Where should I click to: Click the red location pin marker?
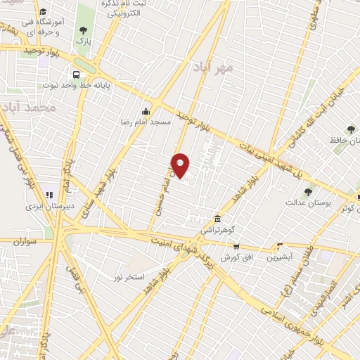[181, 165]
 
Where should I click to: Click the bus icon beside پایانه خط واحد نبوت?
[76, 74]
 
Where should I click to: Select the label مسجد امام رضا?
[144, 121]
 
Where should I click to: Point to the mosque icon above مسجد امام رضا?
[145, 110]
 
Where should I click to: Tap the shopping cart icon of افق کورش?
[236, 246]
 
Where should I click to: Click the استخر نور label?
[129, 276]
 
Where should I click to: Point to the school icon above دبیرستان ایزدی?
[49, 195]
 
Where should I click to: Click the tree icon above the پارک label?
[84, 30]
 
